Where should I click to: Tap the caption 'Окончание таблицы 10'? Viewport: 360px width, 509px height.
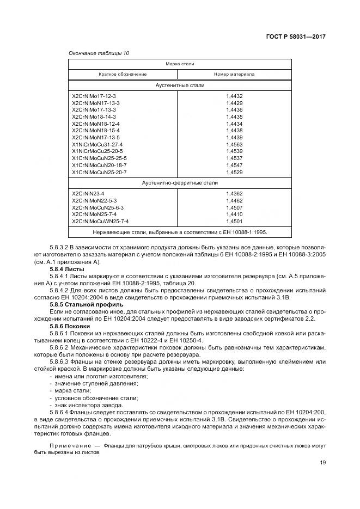point(99,53)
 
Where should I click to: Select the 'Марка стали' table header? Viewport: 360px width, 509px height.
point(180,64)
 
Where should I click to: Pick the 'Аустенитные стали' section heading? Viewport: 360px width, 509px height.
point(180,85)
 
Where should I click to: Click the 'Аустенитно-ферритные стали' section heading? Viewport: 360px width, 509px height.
point(180,183)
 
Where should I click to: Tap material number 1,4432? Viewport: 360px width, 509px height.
point(234,96)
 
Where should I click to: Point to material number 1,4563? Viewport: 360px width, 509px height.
point(234,145)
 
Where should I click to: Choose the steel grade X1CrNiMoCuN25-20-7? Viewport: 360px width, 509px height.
point(99,173)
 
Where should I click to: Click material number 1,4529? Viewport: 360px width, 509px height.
point(234,173)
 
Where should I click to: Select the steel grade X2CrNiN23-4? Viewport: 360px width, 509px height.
point(88,194)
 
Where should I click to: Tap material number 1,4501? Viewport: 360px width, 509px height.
point(234,222)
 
